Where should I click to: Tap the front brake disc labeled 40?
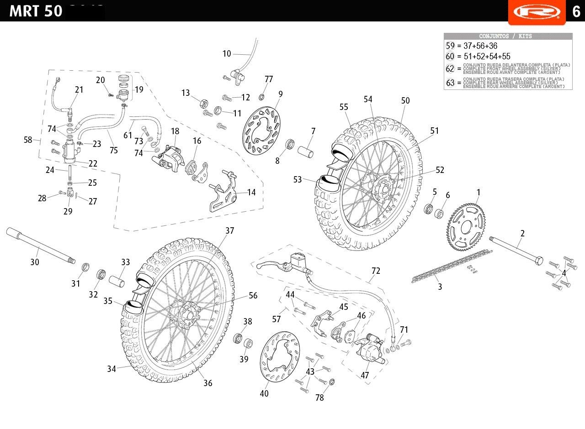point(279,358)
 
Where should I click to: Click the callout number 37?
point(229,231)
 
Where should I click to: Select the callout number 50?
point(405,101)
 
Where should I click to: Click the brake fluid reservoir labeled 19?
point(124,89)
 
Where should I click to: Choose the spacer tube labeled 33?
point(117,278)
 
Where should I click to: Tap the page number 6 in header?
point(576,11)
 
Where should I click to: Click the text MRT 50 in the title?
point(36,11)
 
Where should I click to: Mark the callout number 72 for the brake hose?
point(376,271)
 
